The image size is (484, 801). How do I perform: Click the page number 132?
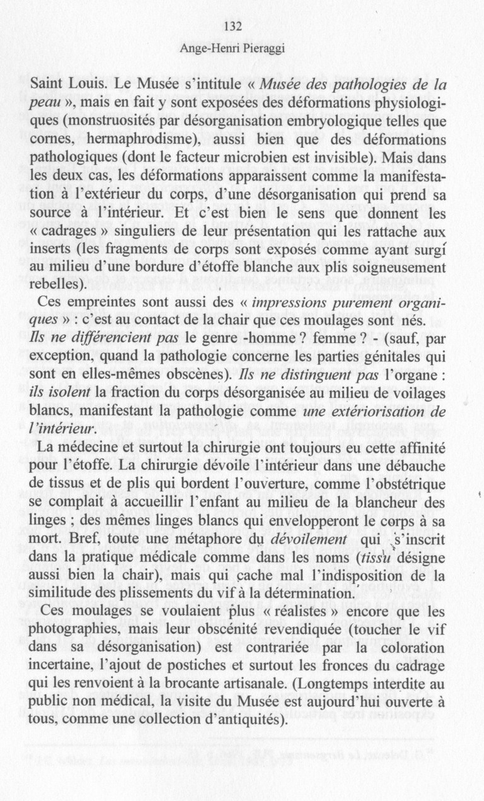click(233, 26)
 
